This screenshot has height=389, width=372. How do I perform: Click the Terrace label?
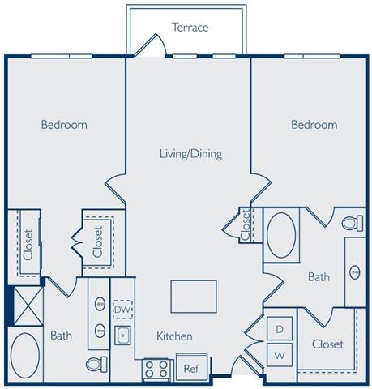tap(190, 28)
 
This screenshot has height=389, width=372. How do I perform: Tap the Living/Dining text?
tap(190, 153)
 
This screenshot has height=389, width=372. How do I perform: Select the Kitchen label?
tap(173, 335)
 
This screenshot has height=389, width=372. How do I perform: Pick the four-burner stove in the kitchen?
tap(156, 370)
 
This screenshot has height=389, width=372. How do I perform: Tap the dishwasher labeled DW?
tap(122, 309)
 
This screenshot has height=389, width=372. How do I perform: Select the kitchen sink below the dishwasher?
tap(124, 336)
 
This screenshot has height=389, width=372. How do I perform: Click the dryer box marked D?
tap(280, 329)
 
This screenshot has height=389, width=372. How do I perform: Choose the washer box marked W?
tap(280, 354)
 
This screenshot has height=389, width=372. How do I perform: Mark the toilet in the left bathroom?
tap(97, 364)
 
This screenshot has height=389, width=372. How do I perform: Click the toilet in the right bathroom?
tap(351, 222)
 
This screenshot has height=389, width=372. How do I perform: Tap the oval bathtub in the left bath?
tap(24, 354)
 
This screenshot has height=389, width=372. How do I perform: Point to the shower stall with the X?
tap(25, 306)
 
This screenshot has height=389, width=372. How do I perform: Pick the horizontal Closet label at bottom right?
tap(327, 344)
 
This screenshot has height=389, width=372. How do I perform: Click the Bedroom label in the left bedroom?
tap(64, 125)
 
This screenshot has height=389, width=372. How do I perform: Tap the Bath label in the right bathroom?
tap(319, 277)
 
